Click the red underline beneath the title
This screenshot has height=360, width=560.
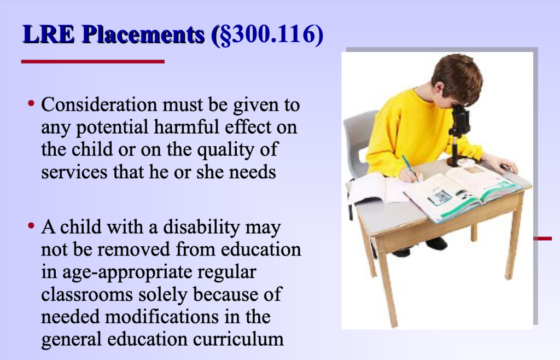click(92, 61)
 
